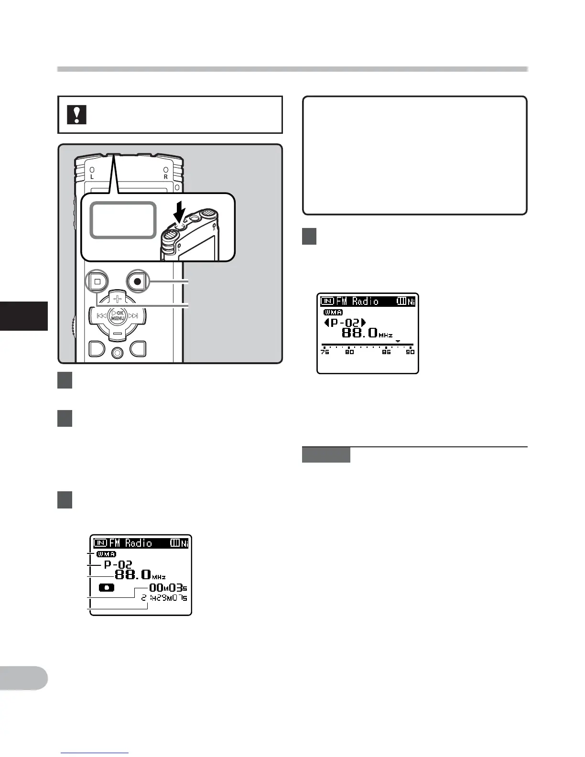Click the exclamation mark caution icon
[76, 115]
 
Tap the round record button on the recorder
[138, 281]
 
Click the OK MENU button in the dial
[118, 315]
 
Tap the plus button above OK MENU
[117, 299]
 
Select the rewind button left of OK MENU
[101, 316]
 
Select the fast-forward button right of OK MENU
[133, 316]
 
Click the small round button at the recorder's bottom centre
[118, 353]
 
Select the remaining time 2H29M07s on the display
[164, 598]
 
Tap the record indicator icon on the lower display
[107, 588]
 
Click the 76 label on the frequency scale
[325, 352]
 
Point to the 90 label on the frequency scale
[410, 352]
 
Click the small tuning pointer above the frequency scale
[398, 341]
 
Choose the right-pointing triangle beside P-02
[363, 323]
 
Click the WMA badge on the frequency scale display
[333, 313]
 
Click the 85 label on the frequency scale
[386, 352]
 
